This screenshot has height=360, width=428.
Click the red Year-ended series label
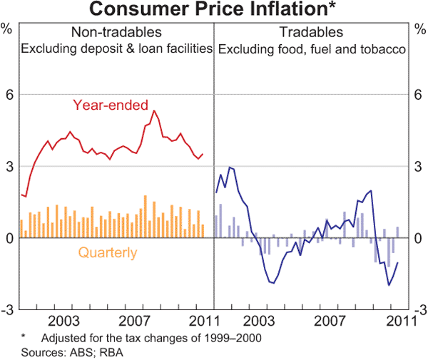pos(114,105)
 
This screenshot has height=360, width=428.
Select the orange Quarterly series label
pos(108,252)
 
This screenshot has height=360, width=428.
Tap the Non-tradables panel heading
pos(116,33)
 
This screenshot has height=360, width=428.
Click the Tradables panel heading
pos(311,33)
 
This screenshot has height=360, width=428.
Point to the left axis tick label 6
pos(9,94)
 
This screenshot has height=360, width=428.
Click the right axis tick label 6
pos(419,94)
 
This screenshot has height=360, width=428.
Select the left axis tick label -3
pos(8,310)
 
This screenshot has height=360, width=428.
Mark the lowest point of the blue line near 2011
pos(389,285)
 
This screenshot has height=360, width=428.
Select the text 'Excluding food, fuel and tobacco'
pos(312,49)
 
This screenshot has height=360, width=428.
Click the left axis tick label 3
pos(9,166)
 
